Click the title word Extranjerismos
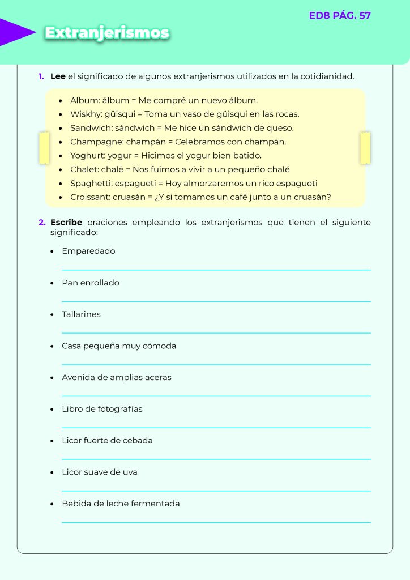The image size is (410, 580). (x=107, y=33)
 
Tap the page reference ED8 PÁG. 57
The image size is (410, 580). (x=340, y=16)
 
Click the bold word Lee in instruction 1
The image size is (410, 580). (x=58, y=76)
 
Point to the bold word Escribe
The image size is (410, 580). (x=66, y=223)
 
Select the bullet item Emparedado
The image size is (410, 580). (x=88, y=251)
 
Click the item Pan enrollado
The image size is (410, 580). (x=91, y=283)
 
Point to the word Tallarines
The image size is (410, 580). (x=81, y=314)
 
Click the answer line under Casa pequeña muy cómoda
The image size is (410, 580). (x=216, y=364)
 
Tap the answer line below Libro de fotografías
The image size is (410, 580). (x=216, y=427)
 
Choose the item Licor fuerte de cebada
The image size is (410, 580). (x=107, y=441)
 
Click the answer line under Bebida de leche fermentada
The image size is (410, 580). (x=216, y=522)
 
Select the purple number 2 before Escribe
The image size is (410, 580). (x=42, y=223)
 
